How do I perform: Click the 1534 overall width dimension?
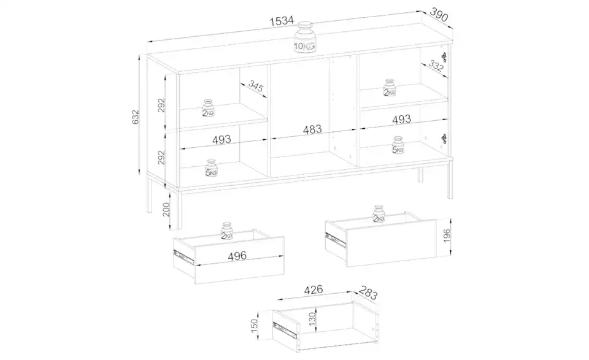tap(282, 21)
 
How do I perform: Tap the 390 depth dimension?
tap(439, 15)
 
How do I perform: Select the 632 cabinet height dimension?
tap(135, 117)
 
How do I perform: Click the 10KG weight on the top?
tap(305, 37)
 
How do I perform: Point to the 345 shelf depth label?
tap(255, 86)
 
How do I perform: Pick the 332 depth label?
tap(436, 66)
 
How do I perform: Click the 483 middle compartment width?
tap(312, 129)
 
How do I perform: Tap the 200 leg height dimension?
tap(166, 210)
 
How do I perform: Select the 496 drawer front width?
tap(237, 256)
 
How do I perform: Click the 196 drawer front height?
tap(447, 236)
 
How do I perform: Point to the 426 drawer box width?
tap(314, 289)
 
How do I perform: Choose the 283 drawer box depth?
tap(368, 293)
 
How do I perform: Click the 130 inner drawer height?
tap(312, 319)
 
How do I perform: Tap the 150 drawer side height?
tap(254, 326)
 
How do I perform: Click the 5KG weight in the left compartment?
tap(212, 168)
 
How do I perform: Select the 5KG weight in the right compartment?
tap(398, 145)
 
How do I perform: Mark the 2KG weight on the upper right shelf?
tap(390, 88)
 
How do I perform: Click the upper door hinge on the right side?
tap(444, 56)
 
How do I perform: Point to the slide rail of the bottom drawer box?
tap(285, 329)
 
